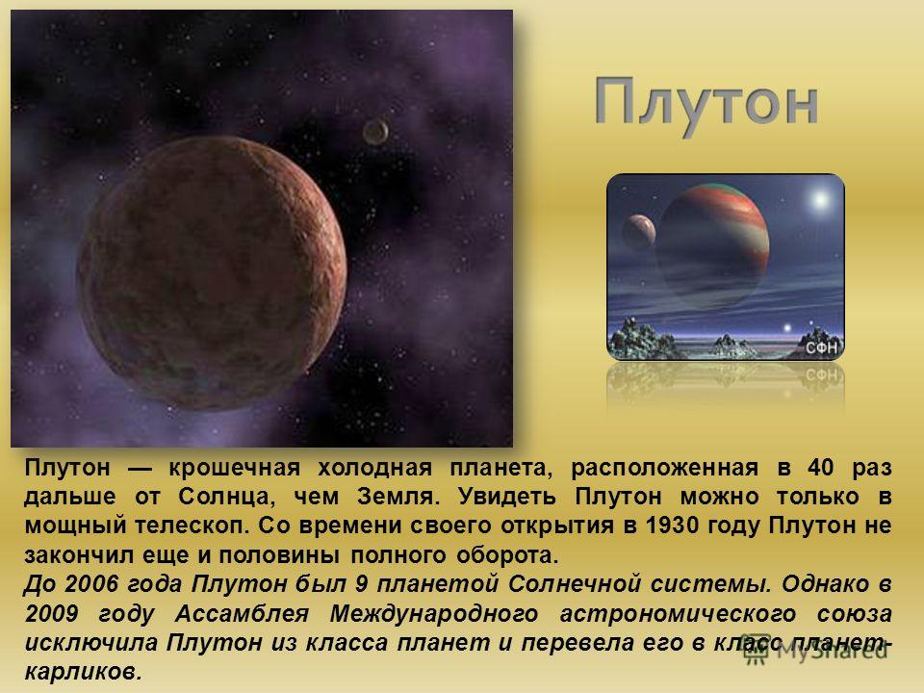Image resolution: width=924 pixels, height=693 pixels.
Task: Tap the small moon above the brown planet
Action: click(x=375, y=132)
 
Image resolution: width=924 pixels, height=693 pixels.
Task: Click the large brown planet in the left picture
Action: click(x=212, y=272)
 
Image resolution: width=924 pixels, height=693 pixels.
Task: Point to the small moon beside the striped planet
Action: click(x=639, y=232)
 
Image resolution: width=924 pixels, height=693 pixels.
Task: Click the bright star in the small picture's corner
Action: click(x=820, y=200)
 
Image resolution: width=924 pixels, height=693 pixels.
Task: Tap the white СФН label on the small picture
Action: click(x=821, y=348)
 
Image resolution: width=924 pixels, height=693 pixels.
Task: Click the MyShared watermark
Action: click(x=815, y=650)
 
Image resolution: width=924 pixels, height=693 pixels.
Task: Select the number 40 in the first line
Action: click(x=821, y=468)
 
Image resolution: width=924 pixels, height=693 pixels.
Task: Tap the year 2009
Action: click(x=52, y=613)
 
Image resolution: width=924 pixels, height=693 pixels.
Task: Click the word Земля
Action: click(x=398, y=497)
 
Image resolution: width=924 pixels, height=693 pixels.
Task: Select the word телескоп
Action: click(x=190, y=526)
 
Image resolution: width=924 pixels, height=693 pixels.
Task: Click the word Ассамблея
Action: click(x=243, y=613)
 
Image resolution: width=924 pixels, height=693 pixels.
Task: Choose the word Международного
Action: click(x=434, y=614)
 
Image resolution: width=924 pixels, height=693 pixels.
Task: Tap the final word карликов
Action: click(x=83, y=672)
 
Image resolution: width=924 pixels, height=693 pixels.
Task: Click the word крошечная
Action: click(x=235, y=468)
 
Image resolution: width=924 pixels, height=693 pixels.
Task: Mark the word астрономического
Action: click(x=678, y=614)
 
